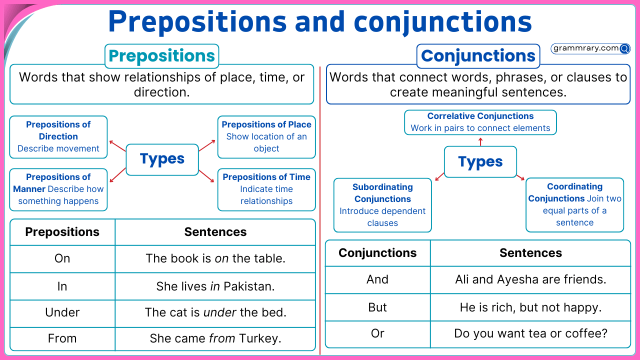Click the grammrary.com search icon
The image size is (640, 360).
tap(624, 48)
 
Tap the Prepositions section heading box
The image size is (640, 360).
tap(161, 56)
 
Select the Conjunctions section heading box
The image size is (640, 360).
tap(478, 56)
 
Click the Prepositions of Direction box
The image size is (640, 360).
tap(58, 136)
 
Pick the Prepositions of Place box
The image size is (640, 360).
tap(266, 136)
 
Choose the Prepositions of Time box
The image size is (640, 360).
tap(266, 189)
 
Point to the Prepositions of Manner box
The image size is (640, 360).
tap(58, 189)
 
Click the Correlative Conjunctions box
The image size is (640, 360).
tap(480, 122)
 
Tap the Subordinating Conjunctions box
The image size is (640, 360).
tap(382, 205)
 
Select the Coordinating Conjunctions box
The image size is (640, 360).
tap(574, 204)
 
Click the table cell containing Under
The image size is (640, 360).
tap(62, 312)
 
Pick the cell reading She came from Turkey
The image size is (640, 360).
tap(215, 338)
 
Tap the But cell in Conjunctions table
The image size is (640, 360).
tap(377, 307)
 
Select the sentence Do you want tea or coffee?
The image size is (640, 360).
tap(530, 333)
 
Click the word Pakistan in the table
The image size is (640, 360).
tap(249, 286)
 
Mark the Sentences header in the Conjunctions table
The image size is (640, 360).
tap(530, 253)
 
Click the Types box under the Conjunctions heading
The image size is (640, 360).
tap(480, 162)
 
